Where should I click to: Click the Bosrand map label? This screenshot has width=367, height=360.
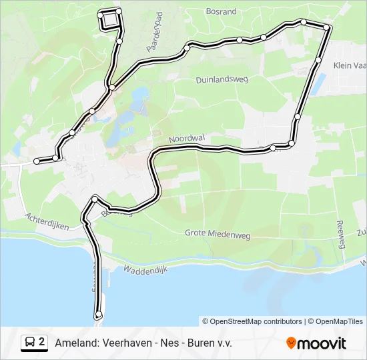[222, 12]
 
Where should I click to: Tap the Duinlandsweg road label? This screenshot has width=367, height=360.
[222, 79]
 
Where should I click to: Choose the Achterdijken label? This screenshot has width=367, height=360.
[47, 221]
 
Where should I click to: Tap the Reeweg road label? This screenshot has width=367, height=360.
[341, 234]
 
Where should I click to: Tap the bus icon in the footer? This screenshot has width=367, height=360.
[30, 343]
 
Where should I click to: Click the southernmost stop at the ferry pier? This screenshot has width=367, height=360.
[99, 314]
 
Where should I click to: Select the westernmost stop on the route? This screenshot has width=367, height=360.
[37, 161]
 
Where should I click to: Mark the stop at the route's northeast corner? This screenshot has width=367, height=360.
[327, 27]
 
